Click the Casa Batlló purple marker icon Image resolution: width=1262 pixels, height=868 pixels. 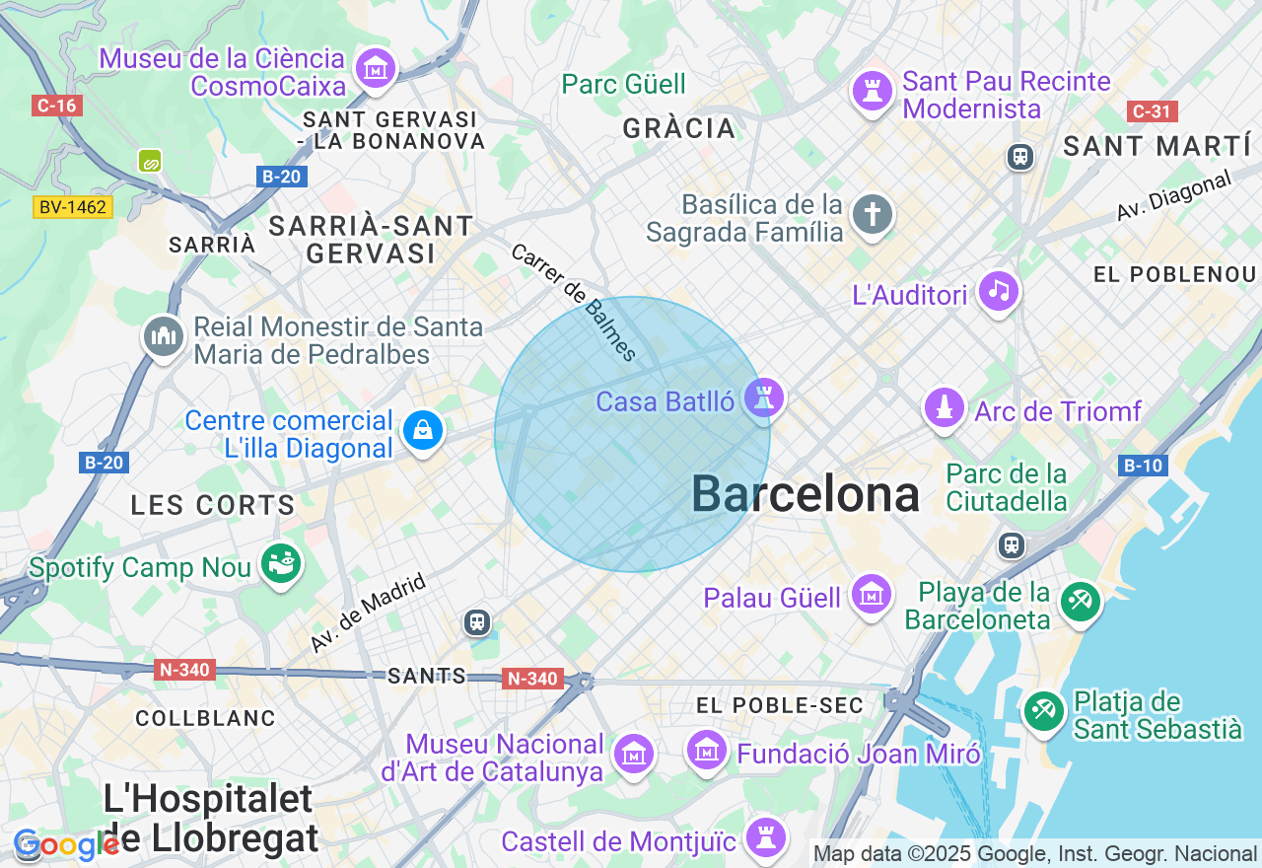tap(764, 398)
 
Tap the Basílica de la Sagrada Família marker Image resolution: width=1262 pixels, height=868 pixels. tap(873, 214)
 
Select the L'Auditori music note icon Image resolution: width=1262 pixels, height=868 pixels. tap(999, 291)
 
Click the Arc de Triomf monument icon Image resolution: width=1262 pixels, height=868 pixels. tap(944, 407)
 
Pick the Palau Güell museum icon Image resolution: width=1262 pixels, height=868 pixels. tap(872, 595)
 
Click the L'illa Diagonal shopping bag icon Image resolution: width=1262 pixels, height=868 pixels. tap(423, 431)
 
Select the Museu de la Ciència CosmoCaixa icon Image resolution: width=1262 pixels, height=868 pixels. tap(376, 69)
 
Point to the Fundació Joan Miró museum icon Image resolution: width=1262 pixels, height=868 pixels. tap(707, 752)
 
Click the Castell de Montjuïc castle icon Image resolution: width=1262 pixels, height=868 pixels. tap(764, 837)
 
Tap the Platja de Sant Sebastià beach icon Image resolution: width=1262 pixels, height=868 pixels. tap(1043, 711)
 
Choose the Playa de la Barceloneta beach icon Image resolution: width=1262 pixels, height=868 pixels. tap(1080, 600)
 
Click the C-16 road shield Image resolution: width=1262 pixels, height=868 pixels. tap(56, 106)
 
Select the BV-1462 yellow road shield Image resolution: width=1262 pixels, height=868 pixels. tap(73, 207)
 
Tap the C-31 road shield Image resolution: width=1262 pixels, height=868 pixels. tap(1153, 111)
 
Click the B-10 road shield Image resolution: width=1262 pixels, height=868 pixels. tap(1143, 466)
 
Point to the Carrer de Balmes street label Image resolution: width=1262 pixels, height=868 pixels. tap(574, 302)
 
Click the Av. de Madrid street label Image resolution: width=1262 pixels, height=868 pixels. tap(368, 613)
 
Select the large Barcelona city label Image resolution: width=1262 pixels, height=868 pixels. tap(805, 493)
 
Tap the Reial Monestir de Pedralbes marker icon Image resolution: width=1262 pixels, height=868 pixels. tap(163, 337)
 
